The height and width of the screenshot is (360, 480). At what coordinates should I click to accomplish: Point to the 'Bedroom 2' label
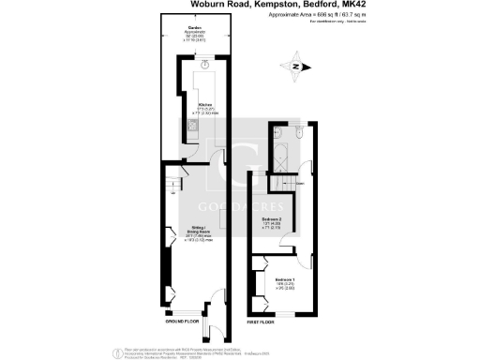[272, 221]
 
